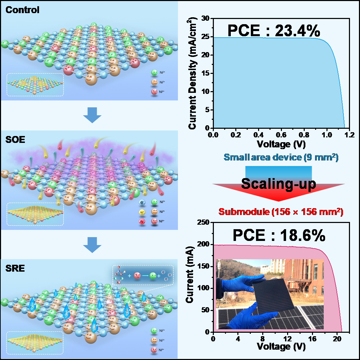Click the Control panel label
pyautogui.click(x=22, y=10)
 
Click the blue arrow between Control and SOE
pyautogui.click(x=92, y=115)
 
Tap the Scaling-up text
pyautogui.click(x=278, y=184)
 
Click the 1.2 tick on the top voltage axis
pyautogui.click(x=349, y=134)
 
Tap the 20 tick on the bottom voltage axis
pyautogui.click(x=337, y=338)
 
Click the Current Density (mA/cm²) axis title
pyautogui.click(x=193, y=73)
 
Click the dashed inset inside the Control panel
pyautogui.click(x=35, y=85)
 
